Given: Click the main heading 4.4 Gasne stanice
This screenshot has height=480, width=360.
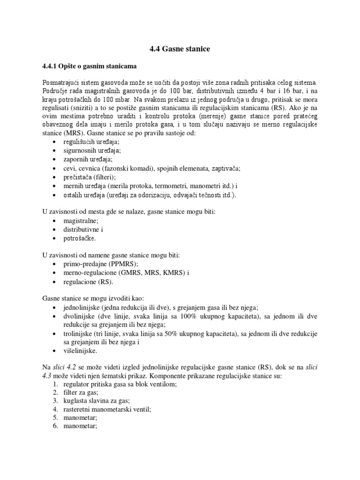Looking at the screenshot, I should click(180, 49).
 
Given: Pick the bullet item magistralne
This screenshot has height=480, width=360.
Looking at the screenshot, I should click(81, 221).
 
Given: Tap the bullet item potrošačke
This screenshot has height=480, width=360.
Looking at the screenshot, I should click(80, 239).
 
